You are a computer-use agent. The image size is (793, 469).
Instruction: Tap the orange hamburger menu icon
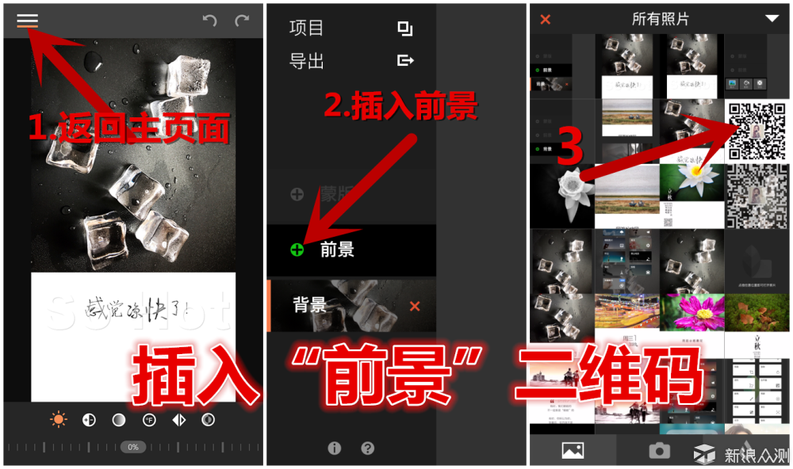point(28,21)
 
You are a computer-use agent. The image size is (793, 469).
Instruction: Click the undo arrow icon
point(209,21)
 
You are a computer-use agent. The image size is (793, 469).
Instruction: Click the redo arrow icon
point(242,21)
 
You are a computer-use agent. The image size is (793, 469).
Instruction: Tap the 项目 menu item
point(307,29)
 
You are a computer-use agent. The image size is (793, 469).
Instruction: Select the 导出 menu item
point(307,61)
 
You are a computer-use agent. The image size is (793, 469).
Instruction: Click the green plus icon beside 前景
point(297,250)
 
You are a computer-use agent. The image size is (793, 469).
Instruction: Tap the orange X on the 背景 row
point(415,307)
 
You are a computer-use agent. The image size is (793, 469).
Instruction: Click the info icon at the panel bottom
point(334,448)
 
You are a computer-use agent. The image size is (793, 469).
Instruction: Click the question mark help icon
point(367,448)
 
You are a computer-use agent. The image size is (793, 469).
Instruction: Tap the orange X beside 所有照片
point(546,19)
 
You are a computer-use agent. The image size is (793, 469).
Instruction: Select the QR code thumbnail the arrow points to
point(757,132)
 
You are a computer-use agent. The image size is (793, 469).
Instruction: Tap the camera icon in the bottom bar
point(659,451)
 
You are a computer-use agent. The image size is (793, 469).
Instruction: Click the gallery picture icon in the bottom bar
point(573,451)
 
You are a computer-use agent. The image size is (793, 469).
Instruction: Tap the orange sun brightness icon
point(59,420)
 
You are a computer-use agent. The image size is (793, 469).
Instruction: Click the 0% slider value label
point(133,448)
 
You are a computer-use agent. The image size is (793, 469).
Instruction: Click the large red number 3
point(570,147)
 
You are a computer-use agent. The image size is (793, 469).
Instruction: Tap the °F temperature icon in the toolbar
point(149,420)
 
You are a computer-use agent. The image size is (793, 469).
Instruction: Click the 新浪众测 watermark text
point(757,455)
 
